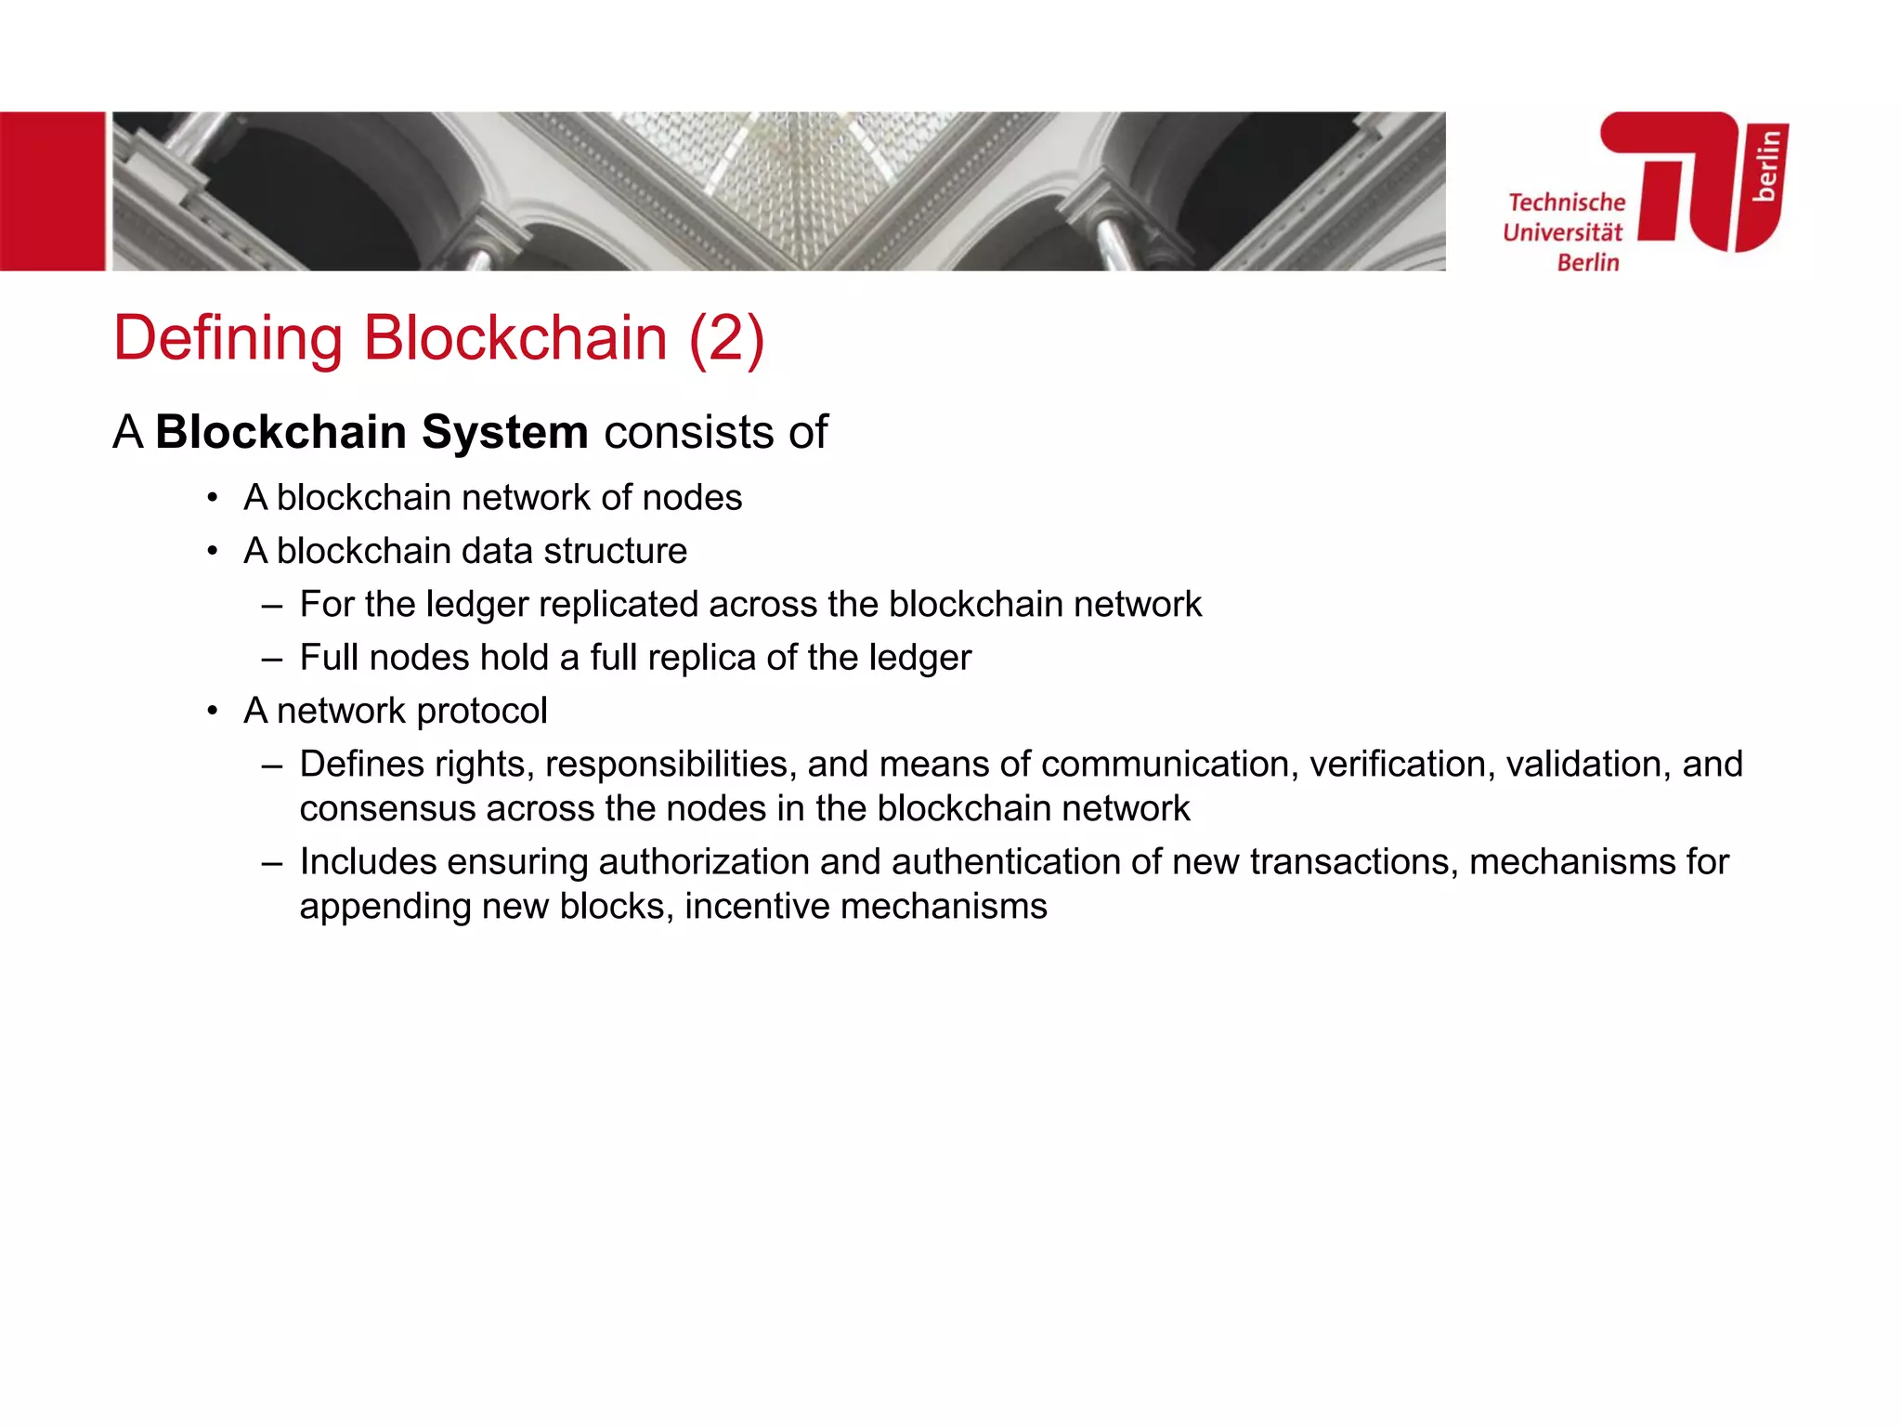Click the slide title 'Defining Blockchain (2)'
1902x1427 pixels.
tap(438, 337)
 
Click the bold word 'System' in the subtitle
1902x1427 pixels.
tap(504, 432)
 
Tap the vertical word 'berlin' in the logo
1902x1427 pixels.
tap(1766, 165)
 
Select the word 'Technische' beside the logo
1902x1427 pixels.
tap(1567, 203)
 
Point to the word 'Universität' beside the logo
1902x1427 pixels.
tap(1562, 232)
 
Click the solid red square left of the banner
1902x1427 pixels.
tap(52, 191)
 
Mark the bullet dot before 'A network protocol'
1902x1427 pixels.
tap(213, 712)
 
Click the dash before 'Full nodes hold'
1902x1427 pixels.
tap(271, 659)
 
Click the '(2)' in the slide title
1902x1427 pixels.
tap(726, 337)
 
